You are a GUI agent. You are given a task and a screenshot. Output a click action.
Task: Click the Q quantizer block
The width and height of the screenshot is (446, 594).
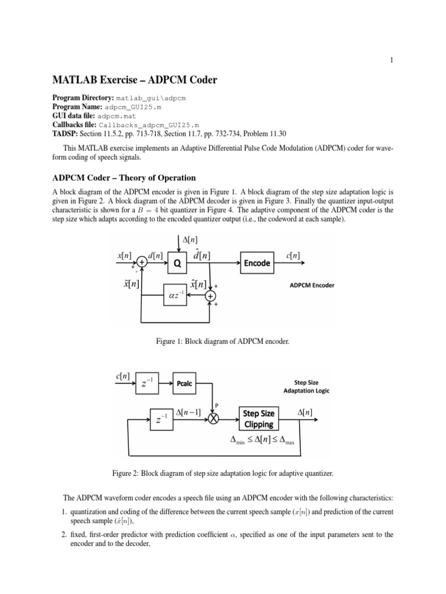(178, 262)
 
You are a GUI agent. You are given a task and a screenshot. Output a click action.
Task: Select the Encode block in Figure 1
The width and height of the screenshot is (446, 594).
(257, 262)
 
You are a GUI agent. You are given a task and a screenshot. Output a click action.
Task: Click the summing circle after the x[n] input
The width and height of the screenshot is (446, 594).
(142, 262)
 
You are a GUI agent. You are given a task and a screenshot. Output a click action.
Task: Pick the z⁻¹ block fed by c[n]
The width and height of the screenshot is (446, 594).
(148, 383)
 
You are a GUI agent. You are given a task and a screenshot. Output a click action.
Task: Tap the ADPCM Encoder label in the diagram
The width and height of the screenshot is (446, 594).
(312, 285)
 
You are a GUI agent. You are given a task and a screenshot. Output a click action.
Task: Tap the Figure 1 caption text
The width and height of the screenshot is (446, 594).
(223, 342)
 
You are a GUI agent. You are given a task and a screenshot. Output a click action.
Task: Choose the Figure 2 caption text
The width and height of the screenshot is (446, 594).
(223, 473)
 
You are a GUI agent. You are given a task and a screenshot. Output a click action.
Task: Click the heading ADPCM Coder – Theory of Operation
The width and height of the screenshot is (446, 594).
(124, 178)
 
